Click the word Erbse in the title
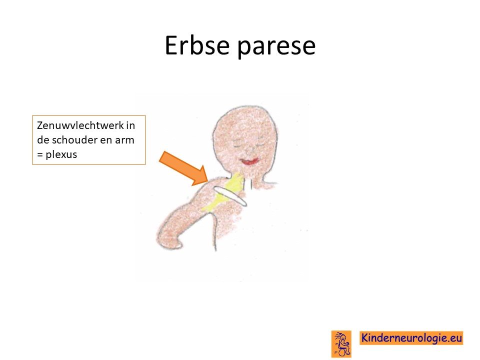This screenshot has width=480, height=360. point(197,45)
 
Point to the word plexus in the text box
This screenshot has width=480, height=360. point(61,155)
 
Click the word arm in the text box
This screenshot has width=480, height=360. point(124,140)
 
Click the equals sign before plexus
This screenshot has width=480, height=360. point(40,154)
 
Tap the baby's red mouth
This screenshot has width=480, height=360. point(249,161)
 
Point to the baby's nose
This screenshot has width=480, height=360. point(249,149)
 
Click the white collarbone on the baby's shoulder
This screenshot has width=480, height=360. point(230,196)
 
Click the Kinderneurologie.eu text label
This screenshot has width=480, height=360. point(411,338)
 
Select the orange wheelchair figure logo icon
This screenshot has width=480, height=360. point(341,344)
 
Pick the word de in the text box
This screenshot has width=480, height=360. point(43,140)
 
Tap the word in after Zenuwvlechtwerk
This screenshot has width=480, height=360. point(130,125)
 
